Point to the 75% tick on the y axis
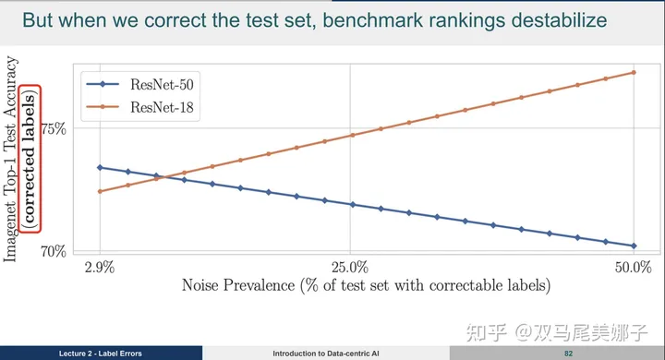tap(54, 127)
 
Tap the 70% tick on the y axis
tap(54, 250)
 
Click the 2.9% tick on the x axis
tap(99, 268)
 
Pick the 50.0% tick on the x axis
tap(633, 268)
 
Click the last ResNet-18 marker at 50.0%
tap(634, 72)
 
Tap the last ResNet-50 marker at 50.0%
tap(634, 246)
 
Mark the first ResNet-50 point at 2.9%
tap(100, 167)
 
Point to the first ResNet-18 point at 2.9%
tap(100, 191)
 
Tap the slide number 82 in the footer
tap(570, 354)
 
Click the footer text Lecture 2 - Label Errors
tap(101, 354)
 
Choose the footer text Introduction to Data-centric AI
tap(326, 354)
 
